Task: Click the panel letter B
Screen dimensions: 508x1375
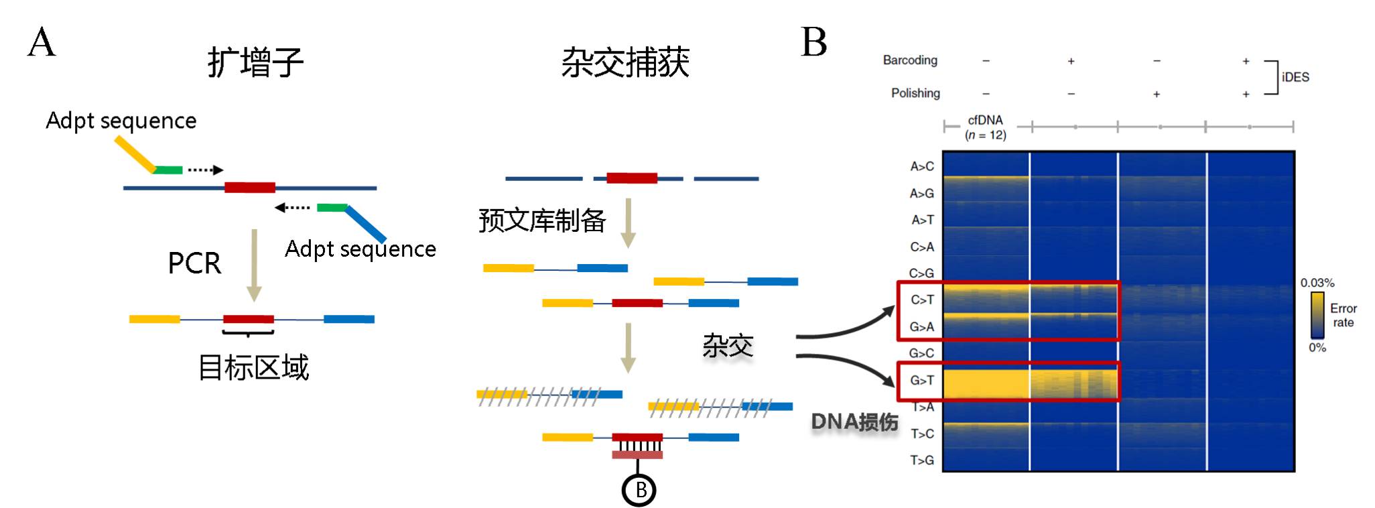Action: [813, 42]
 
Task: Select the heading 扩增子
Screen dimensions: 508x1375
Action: [255, 63]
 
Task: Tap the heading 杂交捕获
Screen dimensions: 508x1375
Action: [625, 63]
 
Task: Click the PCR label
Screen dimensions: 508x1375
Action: [194, 263]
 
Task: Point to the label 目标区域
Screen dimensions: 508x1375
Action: [253, 368]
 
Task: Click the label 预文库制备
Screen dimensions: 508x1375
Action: [542, 220]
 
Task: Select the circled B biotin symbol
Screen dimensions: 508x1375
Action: [639, 491]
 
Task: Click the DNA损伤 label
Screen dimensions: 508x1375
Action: [854, 422]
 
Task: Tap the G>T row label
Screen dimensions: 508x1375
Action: [921, 381]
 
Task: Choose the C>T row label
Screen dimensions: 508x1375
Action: [922, 300]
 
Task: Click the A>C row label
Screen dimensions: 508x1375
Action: [922, 166]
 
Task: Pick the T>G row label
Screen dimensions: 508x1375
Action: [922, 460]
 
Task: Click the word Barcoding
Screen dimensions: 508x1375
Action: [910, 60]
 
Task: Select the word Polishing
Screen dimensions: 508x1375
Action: [915, 93]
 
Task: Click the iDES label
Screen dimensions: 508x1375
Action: [1295, 77]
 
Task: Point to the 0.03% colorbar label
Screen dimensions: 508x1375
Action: [1317, 283]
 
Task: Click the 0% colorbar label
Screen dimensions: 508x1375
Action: [1317, 347]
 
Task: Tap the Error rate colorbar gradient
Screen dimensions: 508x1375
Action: [1317, 315]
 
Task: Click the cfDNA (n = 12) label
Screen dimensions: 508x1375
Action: [985, 127]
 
